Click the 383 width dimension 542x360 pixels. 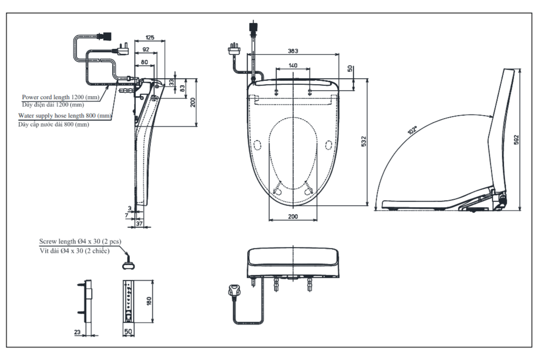tap(293, 51)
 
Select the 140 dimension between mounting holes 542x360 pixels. tap(293, 65)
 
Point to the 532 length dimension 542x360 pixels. tap(364, 141)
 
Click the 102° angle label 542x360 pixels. tap(412, 131)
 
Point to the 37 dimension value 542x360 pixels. tap(140, 224)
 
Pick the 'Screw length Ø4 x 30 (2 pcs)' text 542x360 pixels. tap(80, 241)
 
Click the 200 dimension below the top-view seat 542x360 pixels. tap(293, 217)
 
